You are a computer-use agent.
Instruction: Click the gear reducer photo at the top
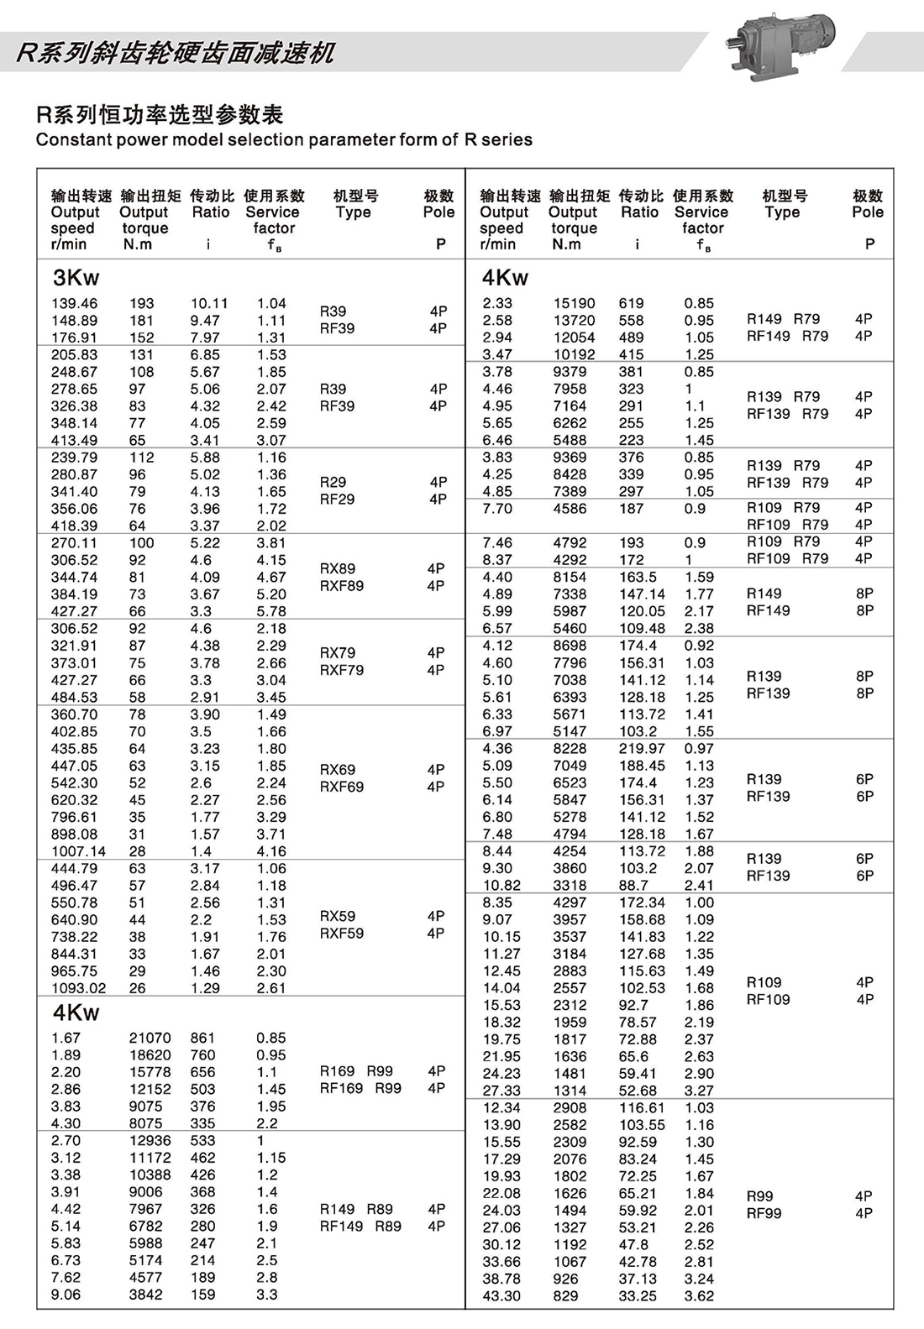pos(780,47)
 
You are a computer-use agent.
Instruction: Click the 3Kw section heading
pos(76,278)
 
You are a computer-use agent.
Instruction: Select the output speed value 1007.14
pos(78,851)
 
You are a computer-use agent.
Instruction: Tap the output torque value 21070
pos(150,1038)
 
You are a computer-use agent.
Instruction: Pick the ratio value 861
pos(202,1038)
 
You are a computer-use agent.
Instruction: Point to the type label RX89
pos(338,568)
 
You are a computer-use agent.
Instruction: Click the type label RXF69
pos(342,787)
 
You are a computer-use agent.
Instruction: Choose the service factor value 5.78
pos(271,611)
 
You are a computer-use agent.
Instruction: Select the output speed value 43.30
pos(501,1295)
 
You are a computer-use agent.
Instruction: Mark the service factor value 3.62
pos(699,1295)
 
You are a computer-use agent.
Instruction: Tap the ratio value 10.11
pos(208,303)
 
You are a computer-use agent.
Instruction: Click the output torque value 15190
pos(574,303)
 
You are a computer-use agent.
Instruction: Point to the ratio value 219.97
pos(642,748)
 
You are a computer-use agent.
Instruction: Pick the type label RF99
pos(764,1213)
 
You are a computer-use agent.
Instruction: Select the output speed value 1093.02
pos(78,988)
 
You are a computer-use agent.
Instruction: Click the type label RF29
pos(337,499)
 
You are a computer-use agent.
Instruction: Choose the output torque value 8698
pos(570,646)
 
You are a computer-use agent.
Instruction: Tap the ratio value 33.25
pos(638,1295)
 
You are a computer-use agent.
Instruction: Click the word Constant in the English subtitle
pos(71,139)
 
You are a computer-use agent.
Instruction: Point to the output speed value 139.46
pos(74,303)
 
